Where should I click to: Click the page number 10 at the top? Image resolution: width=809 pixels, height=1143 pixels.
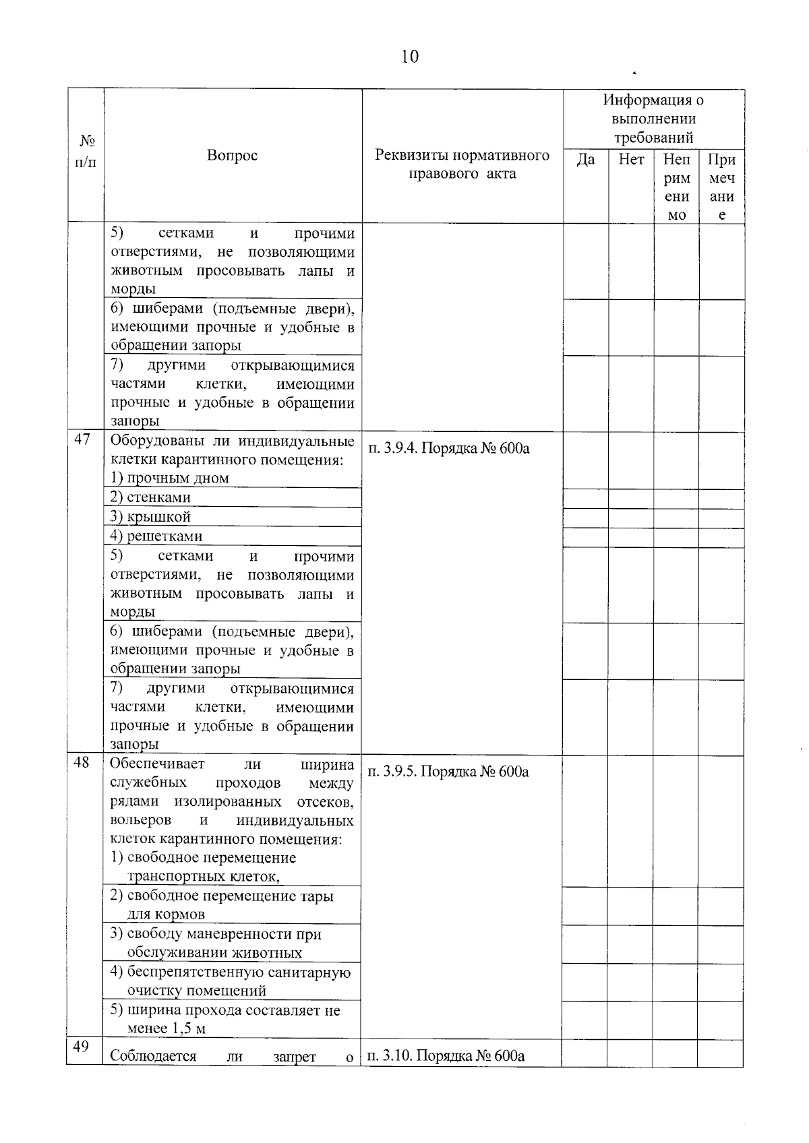[x=409, y=57]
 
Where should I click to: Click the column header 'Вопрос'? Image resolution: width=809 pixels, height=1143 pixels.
[x=232, y=156]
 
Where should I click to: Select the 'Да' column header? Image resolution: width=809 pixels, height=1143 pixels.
[x=586, y=160]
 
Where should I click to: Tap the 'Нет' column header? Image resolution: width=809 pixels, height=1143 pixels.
[x=631, y=160]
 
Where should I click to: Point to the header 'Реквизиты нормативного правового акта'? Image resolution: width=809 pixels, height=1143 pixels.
[x=462, y=164]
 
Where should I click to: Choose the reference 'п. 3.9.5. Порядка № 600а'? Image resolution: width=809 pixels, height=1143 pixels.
[x=448, y=772]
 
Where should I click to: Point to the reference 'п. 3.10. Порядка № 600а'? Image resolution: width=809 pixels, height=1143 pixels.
[x=446, y=1055]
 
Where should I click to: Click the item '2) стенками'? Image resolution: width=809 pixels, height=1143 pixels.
[x=150, y=497]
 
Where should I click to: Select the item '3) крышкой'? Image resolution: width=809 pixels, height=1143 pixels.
[x=150, y=517]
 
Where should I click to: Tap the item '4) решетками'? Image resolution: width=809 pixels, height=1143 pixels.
[x=156, y=536]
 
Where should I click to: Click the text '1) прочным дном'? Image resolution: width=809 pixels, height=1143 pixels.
[x=170, y=478]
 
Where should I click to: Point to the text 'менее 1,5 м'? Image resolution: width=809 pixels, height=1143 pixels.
[x=167, y=1028]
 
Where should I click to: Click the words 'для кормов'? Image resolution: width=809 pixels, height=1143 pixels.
[x=166, y=915]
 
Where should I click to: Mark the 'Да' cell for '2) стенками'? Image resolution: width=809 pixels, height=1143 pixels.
[x=585, y=498]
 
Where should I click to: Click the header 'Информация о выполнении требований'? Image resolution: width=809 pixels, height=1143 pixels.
[x=653, y=119]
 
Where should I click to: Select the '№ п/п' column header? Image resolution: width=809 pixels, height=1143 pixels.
[x=86, y=152]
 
